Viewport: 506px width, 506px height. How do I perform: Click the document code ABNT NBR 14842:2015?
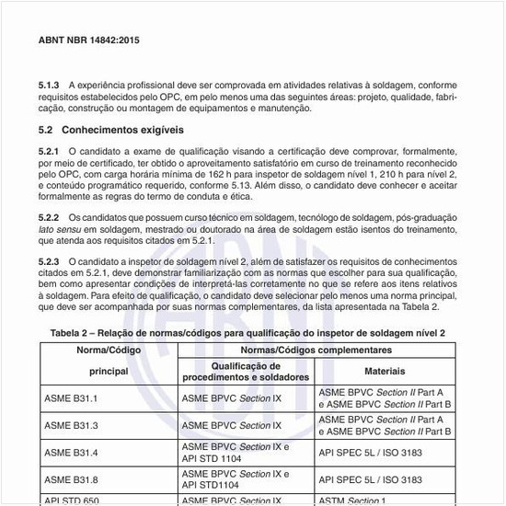(89, 41)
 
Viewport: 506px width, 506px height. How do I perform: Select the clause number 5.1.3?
(50, 84)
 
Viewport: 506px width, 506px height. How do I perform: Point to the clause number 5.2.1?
(50, 149)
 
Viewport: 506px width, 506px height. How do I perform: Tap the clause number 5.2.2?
(50, 217)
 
